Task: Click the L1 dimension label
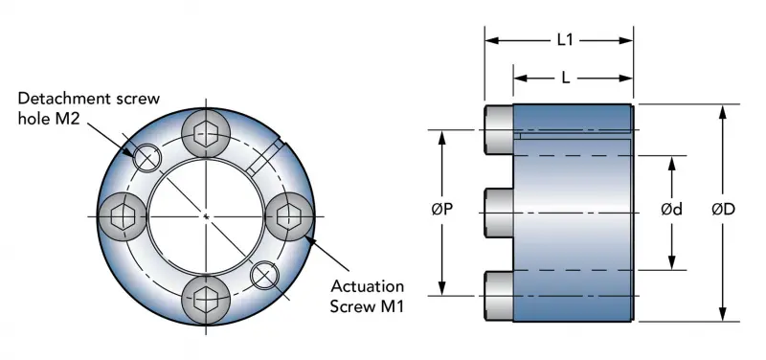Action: click(x=565, y=40)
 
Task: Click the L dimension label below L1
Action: click(x=566, y=79)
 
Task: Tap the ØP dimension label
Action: click(x=442, y=210)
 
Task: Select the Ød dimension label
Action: click(x=672, y=210)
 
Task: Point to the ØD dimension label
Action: click(x=724, y=210)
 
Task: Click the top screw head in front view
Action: click(x=206, y=133)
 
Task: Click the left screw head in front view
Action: click(x=123, y=215)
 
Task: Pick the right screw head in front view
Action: click(x=289, y=215)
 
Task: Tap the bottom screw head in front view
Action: click(x=206, y=300)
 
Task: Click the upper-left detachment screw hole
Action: click(x=147, y=158)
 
